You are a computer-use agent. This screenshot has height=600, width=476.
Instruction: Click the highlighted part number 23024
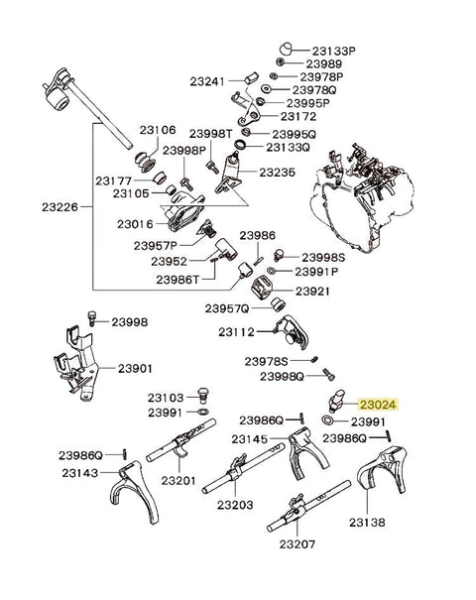pos(378,405)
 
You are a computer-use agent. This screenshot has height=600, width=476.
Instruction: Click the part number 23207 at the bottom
pos(296,544)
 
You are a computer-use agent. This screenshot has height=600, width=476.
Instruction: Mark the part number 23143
pos(79,473)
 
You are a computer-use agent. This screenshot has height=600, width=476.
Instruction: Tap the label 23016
pos(137,224)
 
